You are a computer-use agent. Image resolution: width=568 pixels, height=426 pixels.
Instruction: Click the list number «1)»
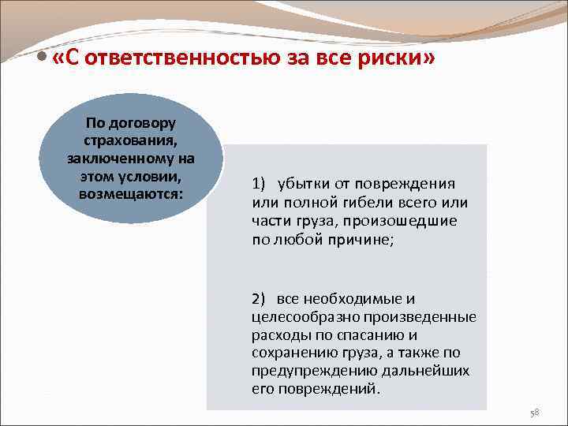click(x=260, y=184)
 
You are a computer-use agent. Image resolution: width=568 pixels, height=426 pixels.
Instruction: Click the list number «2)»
click(x=260, y=299)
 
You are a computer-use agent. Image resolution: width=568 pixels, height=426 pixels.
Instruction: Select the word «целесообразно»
click(x=303, y=317)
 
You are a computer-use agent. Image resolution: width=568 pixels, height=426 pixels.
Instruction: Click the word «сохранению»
click(x=292, y=353)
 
